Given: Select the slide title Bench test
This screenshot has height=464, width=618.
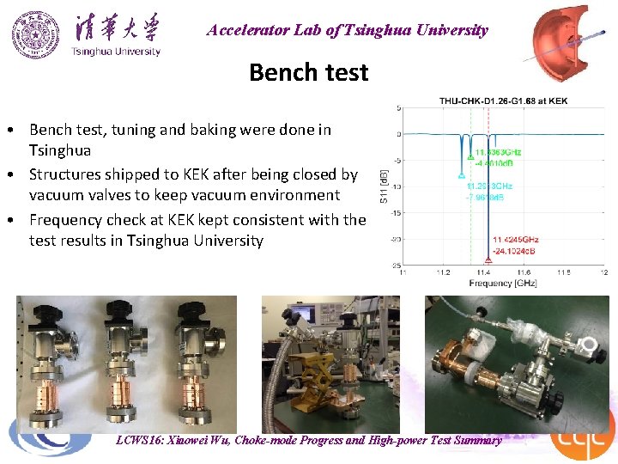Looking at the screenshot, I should pyautogui.click(x=308, y=72).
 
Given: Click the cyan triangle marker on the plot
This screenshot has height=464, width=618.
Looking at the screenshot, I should pyautogui.click(x=462, y=174).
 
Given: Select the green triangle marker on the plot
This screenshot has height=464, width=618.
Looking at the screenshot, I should pyautogui.click(x=470, y=157).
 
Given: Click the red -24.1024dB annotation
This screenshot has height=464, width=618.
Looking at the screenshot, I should pyautogui.click(x=515, y=251).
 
